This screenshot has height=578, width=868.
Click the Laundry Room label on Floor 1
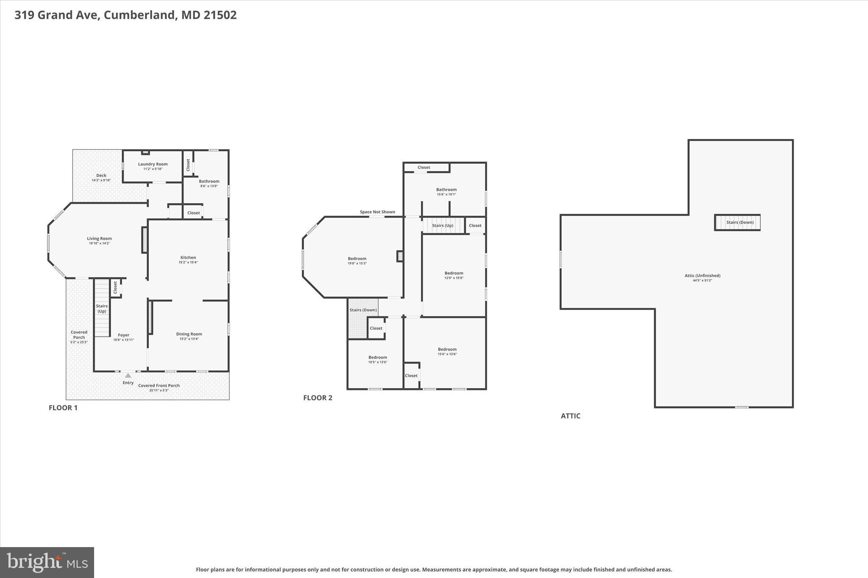153,164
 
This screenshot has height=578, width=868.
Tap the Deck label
101,175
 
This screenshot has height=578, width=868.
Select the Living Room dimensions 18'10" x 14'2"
100,243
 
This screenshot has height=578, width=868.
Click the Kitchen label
188,257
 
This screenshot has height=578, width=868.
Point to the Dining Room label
189,334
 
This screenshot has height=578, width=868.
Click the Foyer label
123,335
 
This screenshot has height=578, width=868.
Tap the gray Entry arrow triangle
128,376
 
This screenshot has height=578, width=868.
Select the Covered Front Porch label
159,385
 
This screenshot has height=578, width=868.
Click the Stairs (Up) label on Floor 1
102,308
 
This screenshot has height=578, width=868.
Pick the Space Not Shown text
377,212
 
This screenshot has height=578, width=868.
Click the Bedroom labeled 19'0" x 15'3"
357,259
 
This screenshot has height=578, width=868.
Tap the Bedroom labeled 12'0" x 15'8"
453,273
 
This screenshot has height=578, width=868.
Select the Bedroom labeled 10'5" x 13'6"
377,357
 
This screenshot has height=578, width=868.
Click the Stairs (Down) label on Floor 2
363,310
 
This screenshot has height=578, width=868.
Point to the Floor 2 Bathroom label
446,190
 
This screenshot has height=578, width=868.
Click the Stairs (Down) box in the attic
737,222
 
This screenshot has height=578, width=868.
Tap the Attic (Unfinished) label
702,276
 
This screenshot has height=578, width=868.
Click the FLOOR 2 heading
318,398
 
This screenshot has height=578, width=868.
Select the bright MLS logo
47,562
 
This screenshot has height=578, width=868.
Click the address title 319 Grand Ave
125,15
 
